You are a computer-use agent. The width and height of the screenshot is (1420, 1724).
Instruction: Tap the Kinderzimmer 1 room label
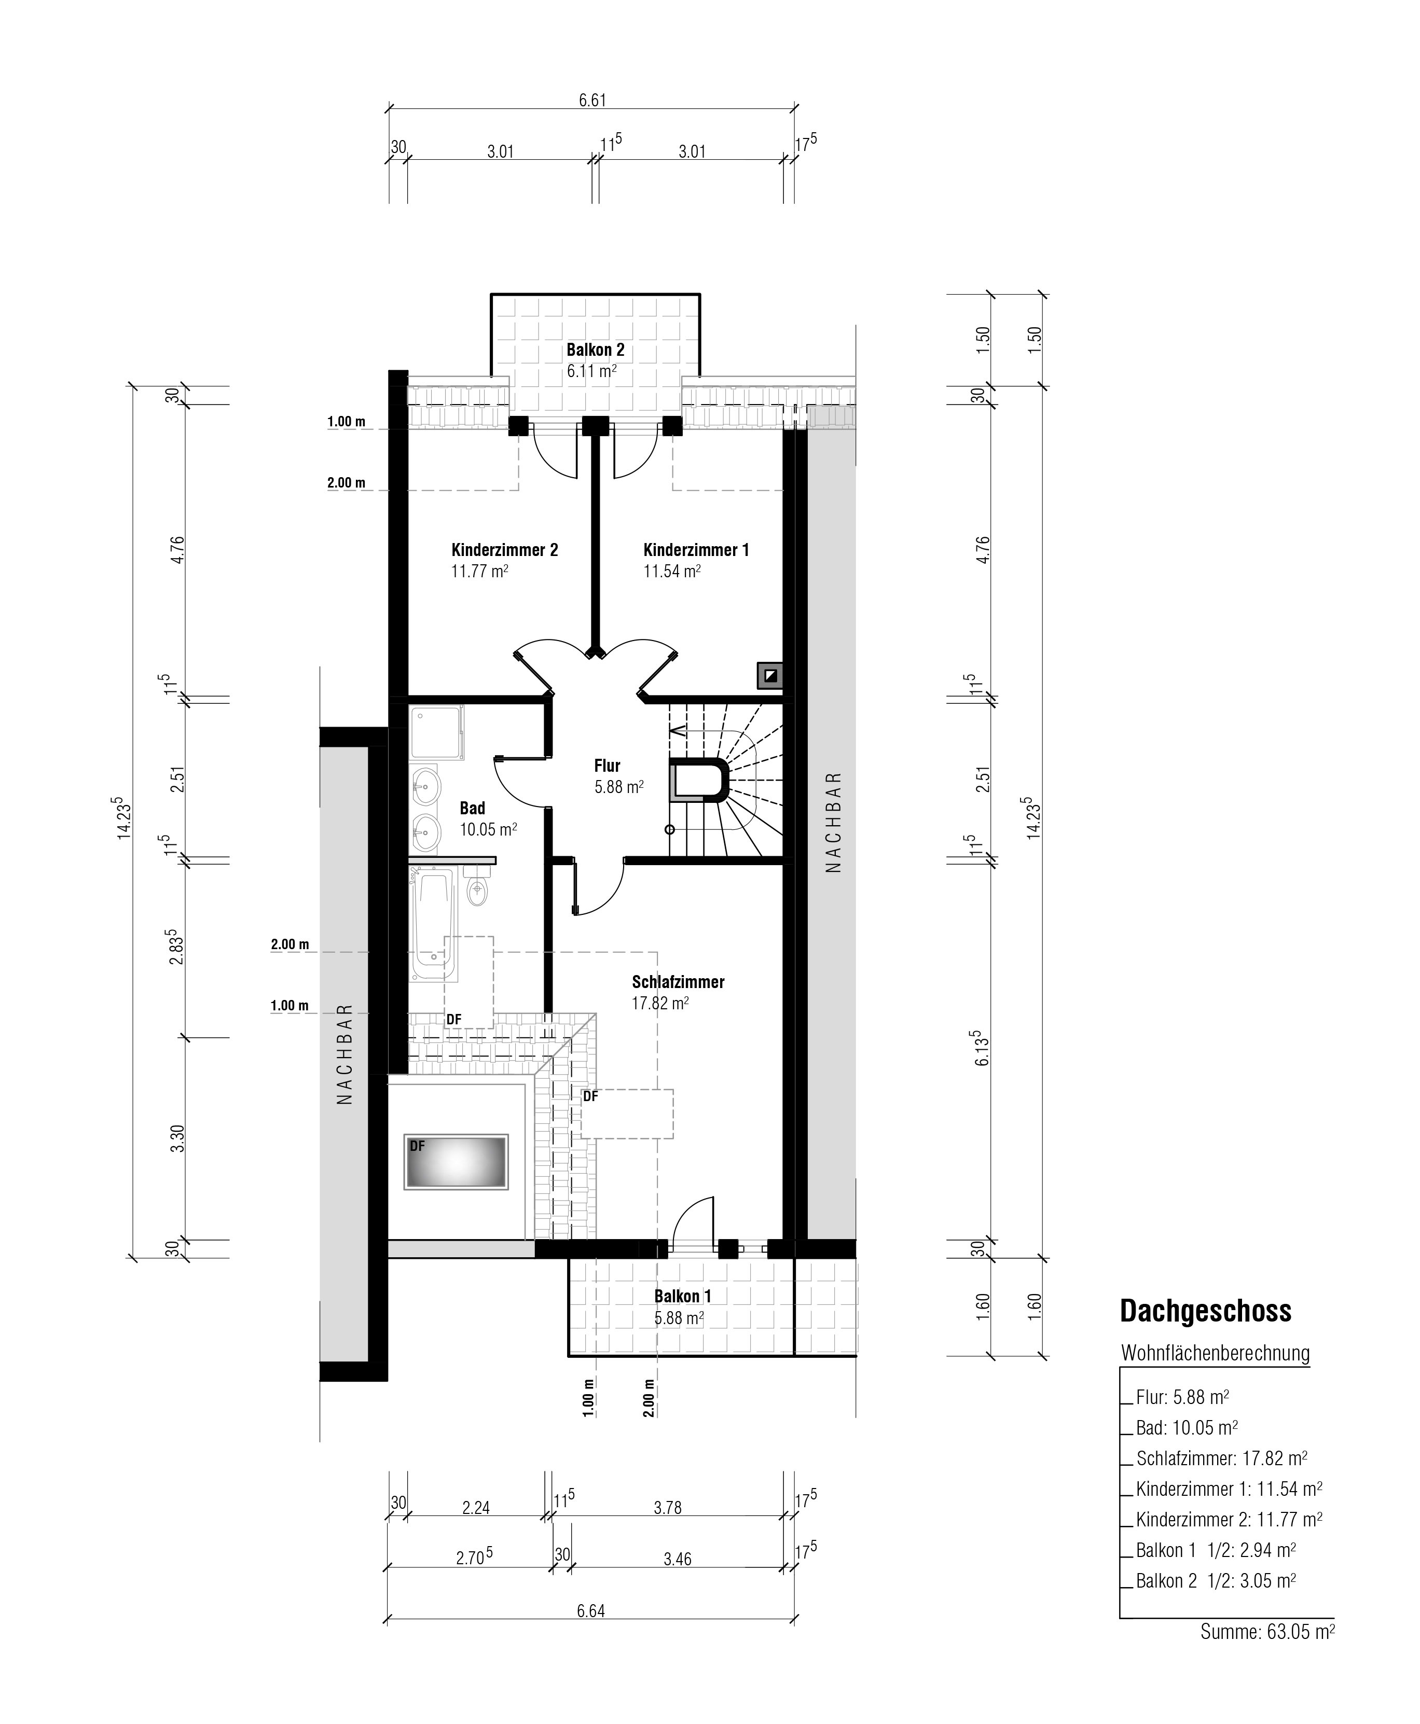click(x=696, y=550)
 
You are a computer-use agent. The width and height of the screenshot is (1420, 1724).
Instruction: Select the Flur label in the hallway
click(x=607, y=766)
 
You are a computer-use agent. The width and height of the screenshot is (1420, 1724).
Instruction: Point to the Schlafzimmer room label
click(x=678, y=981)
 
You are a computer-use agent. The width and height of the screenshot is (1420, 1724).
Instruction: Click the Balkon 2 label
click(x=596, y=350)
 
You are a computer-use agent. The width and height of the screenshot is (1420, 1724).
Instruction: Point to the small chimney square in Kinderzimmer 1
click(x=770, y=675)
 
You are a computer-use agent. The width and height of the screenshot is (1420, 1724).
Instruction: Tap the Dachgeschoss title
click(x=1206, y=1311)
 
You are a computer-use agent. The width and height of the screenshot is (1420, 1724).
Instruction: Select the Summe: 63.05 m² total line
click(x=1267, y=1632)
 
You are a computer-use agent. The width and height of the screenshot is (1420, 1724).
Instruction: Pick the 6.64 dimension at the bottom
click(x=590, y=1611)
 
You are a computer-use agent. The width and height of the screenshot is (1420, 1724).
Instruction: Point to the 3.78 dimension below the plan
click(x=668, y=1507)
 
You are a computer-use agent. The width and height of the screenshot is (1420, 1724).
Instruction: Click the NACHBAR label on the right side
click(x=833, y=822)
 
